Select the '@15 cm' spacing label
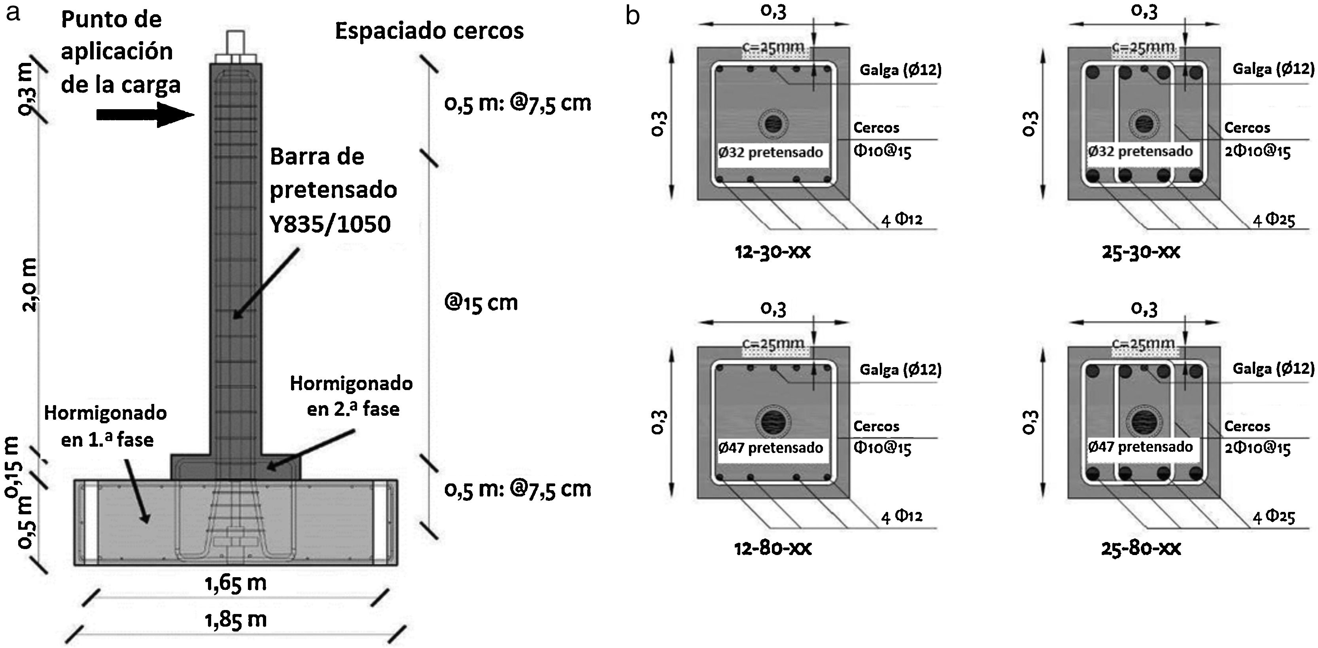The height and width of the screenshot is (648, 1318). tap(481, 303)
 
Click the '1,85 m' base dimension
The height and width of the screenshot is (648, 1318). tap(236, 620)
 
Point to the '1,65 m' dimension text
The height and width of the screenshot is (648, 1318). tap(236, 583)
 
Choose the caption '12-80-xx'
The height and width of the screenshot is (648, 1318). tap(773, 548)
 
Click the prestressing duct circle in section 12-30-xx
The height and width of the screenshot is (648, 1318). tap(773, 124)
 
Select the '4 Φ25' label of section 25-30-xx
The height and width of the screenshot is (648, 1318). tap(1274, 220)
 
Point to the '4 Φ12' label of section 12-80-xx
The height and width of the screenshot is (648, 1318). tap(902, 516)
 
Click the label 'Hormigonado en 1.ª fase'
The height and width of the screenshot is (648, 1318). tap(106, 426)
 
